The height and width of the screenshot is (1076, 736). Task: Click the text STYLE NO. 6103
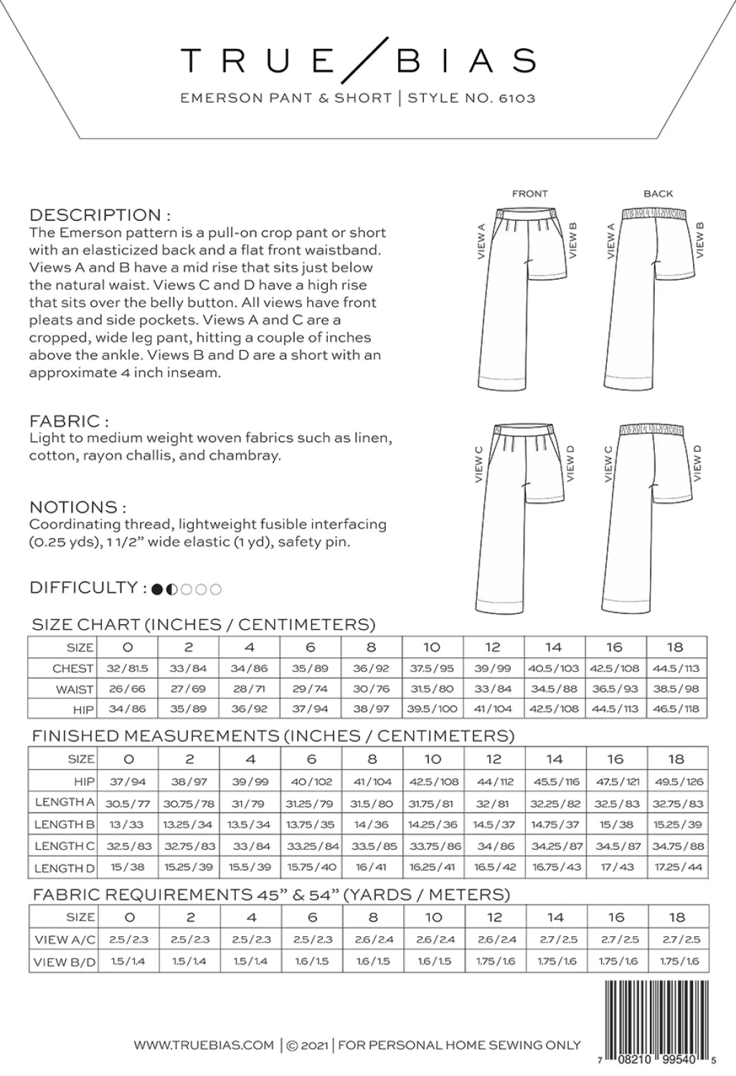(x=471, y=98)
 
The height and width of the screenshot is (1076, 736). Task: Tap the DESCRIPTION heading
(x=100, y=214)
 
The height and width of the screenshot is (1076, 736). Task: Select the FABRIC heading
(x=69, y=420)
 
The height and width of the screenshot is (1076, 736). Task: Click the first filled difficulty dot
(x=157, y=590)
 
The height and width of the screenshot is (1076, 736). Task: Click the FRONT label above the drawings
(x=529, y=194)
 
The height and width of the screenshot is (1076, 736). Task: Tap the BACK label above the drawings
(x=658, y=194)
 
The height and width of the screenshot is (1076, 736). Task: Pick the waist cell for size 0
(x=127, y=689)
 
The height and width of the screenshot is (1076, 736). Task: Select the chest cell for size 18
(x=676, y=668)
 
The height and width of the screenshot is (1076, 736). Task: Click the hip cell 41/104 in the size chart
(x=493, y=710)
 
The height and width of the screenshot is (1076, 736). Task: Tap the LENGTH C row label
(x=64, y=846)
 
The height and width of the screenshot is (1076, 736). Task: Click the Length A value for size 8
(x=371, y=803)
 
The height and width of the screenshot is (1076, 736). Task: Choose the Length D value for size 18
(x=678, y=867)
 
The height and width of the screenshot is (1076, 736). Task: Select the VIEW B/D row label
(x=65, y=962)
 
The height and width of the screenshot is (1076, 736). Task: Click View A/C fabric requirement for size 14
(x=555, y=940)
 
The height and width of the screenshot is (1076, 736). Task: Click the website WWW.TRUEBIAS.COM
(x=204, y=1045)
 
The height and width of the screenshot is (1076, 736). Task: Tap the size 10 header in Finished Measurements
(x=432, y=759)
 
